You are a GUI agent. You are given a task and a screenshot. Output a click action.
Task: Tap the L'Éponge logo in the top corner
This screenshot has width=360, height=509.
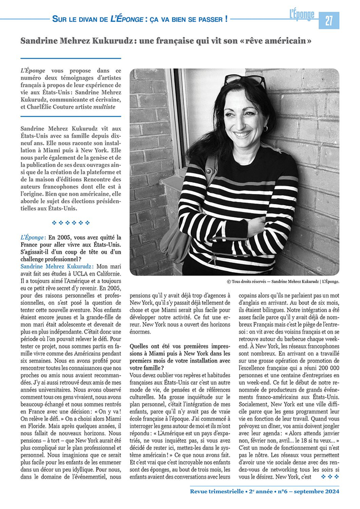pos(301,15)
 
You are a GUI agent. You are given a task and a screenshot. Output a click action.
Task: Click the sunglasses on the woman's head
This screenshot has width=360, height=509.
pos(246,82)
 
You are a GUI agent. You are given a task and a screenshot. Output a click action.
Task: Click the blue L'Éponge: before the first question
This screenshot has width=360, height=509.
pos(33,237)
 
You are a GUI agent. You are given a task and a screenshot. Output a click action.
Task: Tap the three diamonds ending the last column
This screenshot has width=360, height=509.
pos(330,477)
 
